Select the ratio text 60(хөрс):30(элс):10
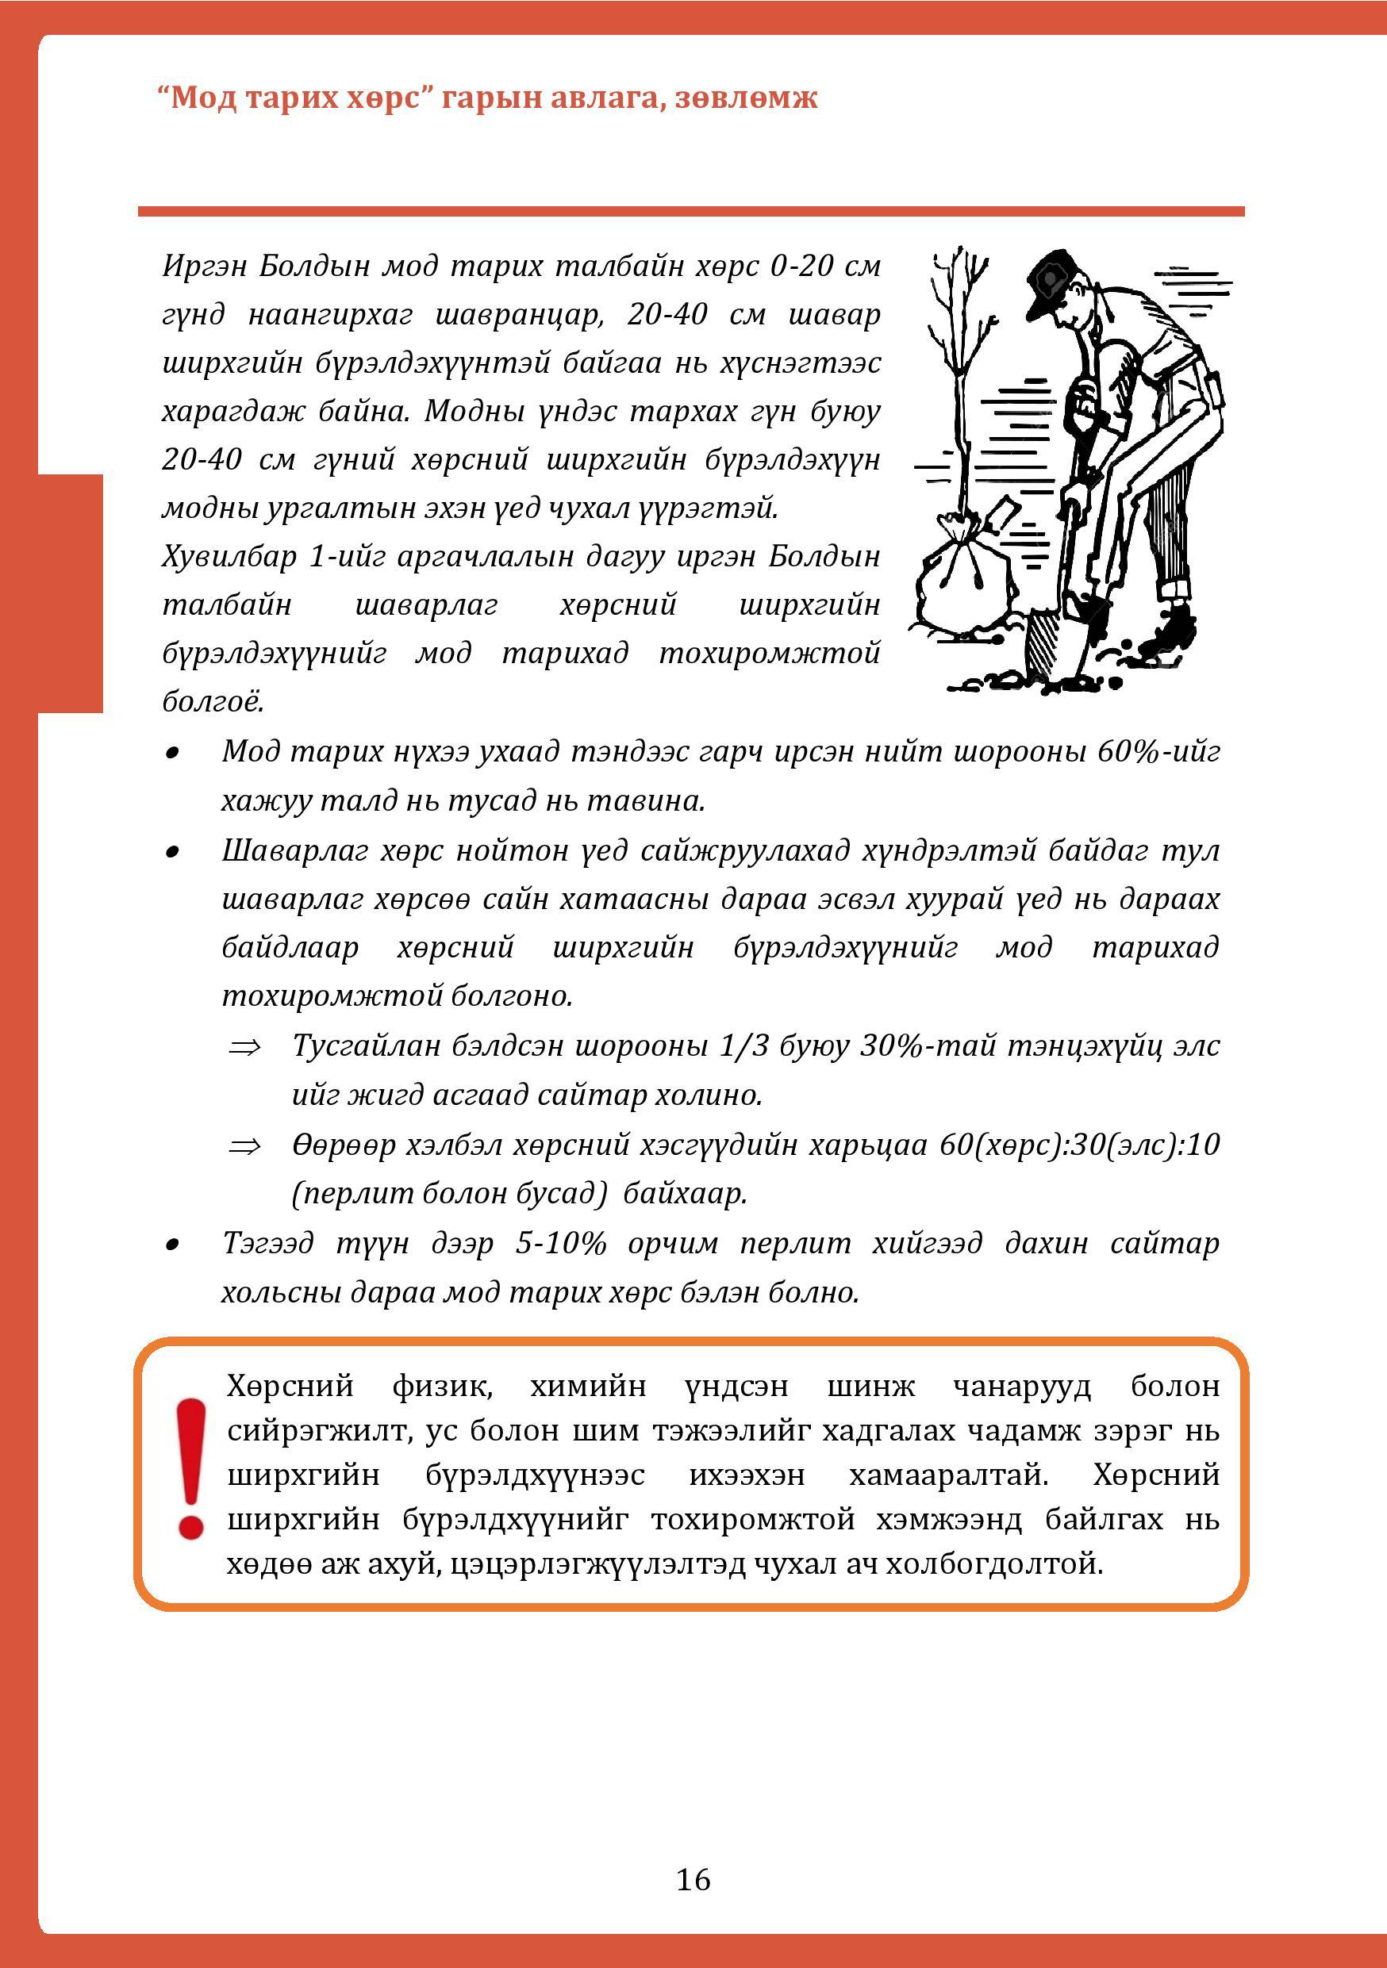coord(1079,1145)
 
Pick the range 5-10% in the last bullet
coord(559,1243)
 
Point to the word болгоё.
coord(213,702)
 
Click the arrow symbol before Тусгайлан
coord(244,1046)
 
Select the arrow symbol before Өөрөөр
coord(244,1146)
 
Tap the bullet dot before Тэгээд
coord(173,1245)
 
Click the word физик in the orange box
coord(440,1386)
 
